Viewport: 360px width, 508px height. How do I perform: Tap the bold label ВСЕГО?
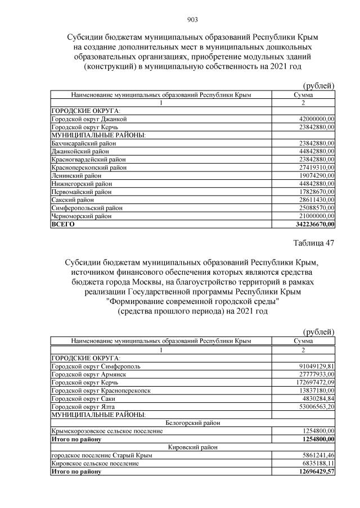click(x=63, y=224)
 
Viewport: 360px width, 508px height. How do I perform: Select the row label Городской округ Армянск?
click(x=88, y=374)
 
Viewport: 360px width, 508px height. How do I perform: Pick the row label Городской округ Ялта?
click(x=84, y=406)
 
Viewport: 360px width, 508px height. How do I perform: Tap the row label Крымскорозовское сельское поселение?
click(x=107, y=431)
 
